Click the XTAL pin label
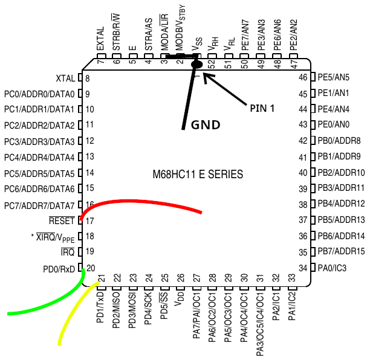click(65, 79)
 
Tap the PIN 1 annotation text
click(262, 108)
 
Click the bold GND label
click(205, 125)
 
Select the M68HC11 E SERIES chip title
click(198, 175)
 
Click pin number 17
click(90, 220)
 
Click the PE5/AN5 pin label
click(333, 77)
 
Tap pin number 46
click(303, 78)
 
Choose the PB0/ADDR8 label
click(339, 141)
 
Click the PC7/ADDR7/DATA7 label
click(39, 205)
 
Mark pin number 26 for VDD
click(180, 278)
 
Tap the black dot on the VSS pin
click(196, 63)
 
